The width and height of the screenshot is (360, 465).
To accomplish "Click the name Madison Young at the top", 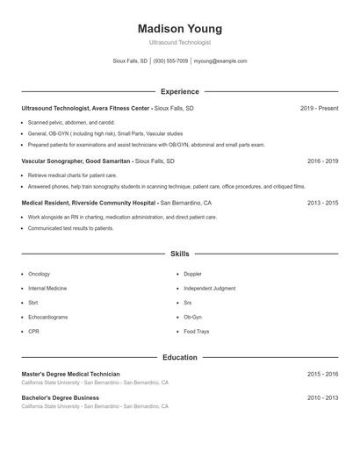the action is pos(180,29).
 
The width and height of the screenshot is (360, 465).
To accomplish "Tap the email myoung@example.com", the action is pos(220,61).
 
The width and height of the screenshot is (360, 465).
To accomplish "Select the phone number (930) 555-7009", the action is pos(171,61).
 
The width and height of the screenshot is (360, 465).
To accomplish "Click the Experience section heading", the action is pos(180,91).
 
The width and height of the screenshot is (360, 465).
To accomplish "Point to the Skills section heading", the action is pos(180,254).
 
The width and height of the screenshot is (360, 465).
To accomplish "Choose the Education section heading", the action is pos(180,357).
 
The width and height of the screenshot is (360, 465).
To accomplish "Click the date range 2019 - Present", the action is pos(319,108).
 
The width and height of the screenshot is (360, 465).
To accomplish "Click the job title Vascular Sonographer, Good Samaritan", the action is pos(76,161).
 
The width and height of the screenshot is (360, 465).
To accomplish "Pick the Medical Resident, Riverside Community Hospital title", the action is pos(89,202).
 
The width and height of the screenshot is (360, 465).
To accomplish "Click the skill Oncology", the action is pos(39,274).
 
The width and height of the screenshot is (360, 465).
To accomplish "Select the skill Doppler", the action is pos(192,274).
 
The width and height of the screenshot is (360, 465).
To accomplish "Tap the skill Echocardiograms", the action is pos(47,317).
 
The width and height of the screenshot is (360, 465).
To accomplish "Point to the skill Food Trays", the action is pos(196,332).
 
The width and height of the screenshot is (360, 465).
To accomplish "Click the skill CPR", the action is pos(33,332).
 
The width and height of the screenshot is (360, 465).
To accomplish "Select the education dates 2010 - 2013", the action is pos(323,397).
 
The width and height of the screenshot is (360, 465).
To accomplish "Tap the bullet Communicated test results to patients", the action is pos(70,228).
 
